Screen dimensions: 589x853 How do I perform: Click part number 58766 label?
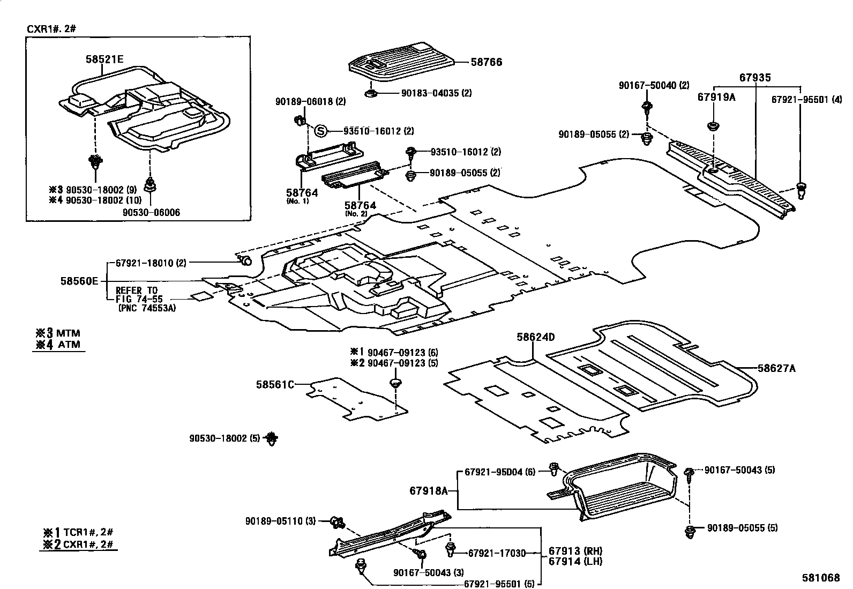(x=487, y=62)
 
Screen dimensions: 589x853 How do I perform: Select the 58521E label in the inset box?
(x=104, y=59)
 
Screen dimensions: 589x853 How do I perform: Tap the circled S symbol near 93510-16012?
(x=320, y=131)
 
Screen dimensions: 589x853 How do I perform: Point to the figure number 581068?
(x=820, y=578)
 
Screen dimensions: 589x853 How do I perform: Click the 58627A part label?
(x=776, y=368)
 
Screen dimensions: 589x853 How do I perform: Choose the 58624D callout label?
(x=535, y=337)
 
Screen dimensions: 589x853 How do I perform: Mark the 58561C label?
(x=275, y=384)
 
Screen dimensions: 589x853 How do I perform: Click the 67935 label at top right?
(x=755, y=78)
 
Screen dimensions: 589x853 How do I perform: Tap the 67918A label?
(x=428, y=490)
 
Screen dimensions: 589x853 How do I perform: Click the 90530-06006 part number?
(x=151, y=212)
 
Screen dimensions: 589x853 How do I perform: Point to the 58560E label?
(x=79, y=280)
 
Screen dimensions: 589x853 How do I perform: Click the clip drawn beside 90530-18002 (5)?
(x=273, y=438)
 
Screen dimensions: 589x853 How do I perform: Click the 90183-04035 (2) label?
(x=437, y=93)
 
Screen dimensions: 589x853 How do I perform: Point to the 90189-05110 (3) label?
(x=282, y=521)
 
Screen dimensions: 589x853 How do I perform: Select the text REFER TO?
(x=137, y=290)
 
